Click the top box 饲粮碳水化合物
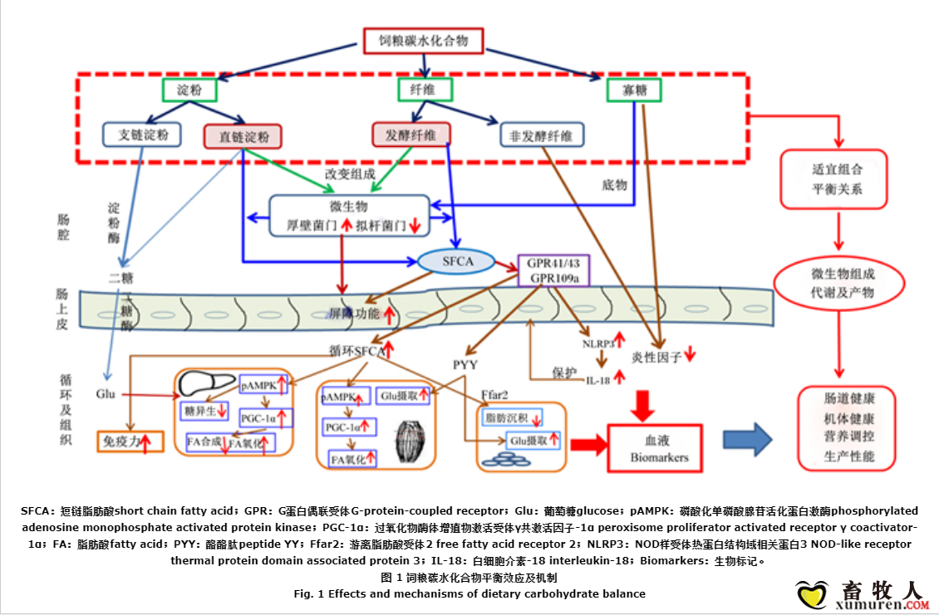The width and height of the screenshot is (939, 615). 424,41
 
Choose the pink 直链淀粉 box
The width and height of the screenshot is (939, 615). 243,136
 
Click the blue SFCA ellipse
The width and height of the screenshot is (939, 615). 457,261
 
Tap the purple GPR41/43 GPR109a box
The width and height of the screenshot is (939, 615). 553,271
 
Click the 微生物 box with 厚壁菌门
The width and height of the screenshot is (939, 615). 349,216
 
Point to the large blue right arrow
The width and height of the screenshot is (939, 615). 748,440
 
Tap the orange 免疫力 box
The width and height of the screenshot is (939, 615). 130,442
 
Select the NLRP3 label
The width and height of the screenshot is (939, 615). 598,342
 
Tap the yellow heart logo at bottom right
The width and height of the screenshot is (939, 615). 809,593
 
